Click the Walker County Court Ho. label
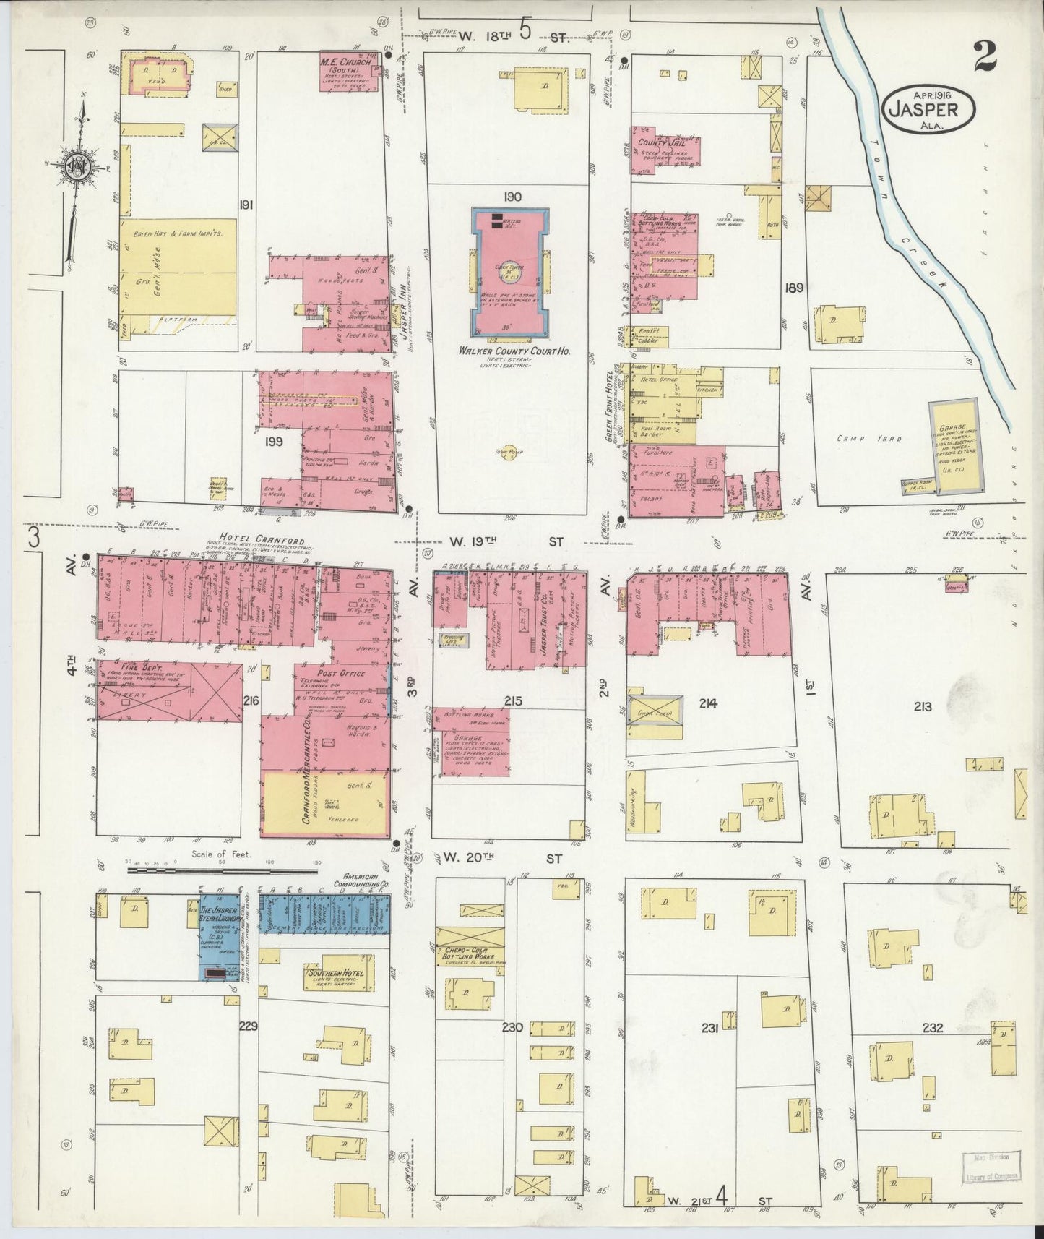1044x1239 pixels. point(509,351)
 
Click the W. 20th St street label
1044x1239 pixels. point(503,858)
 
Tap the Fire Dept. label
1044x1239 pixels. point(141,669)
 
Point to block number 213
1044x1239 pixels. point(922,706)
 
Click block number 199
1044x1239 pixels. point(273,440)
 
